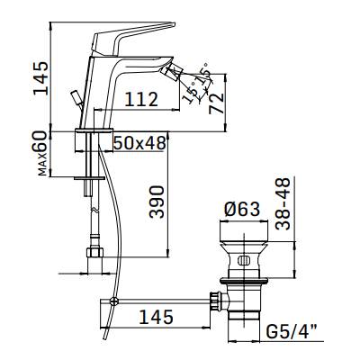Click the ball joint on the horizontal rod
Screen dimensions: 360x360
tap(114, 299)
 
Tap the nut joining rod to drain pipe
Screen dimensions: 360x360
tap(215, 299)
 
